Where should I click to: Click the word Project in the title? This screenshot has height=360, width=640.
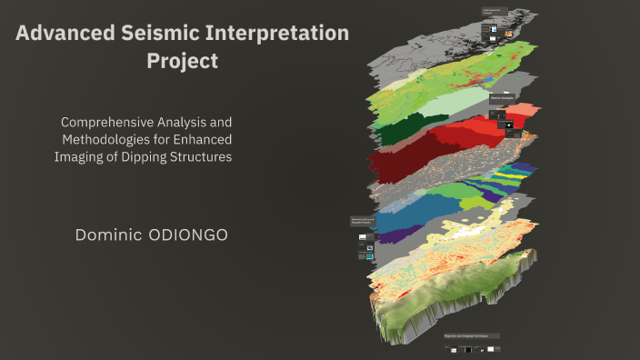[x=183, y=62]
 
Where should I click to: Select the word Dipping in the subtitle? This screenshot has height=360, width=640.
[x=142, y=156]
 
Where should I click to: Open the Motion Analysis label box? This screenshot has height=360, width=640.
[x=504, y=97]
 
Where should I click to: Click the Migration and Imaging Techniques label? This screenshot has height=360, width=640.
[x=472, y=335]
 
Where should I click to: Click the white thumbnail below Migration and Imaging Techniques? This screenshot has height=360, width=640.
[x=491, y=348]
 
